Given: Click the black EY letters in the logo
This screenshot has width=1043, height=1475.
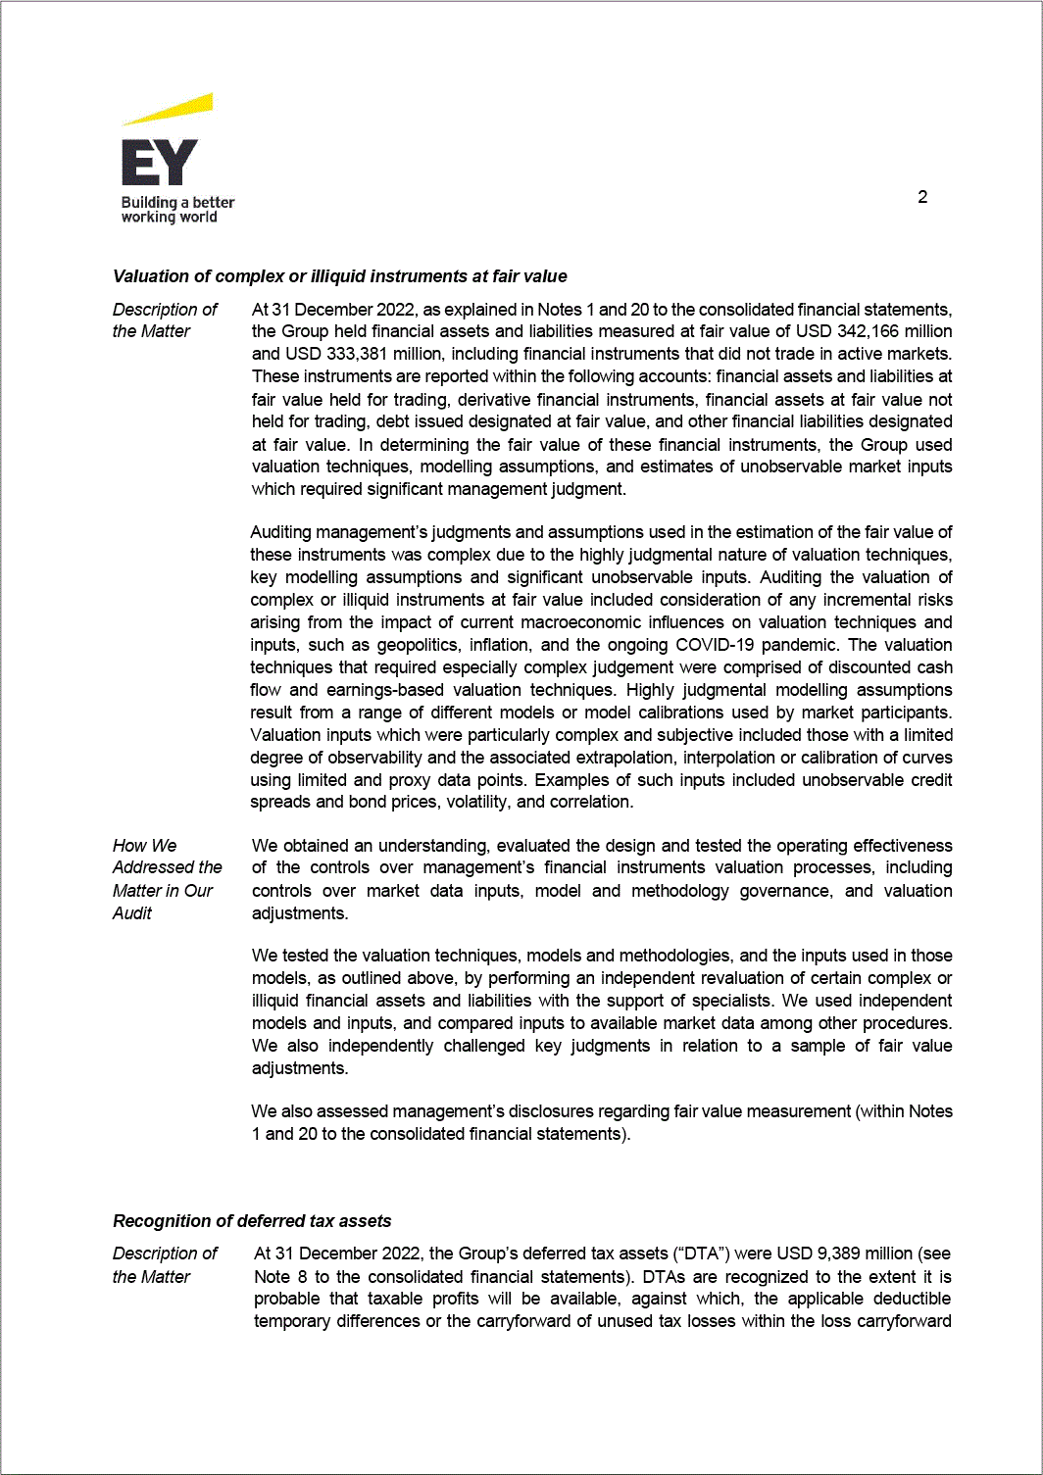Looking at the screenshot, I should click(x=159, y=163).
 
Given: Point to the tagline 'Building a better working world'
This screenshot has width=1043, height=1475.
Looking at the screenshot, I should click(x=177, y=210).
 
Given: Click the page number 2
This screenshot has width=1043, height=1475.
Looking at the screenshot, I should click(x=922, y=197).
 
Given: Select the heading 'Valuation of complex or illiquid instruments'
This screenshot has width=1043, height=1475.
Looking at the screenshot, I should click(x=339, y=276).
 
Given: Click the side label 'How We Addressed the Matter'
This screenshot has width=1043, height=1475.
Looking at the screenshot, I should click(x=167, y=879).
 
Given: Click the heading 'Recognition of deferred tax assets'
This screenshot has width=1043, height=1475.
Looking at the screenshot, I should click(x=252, y=1221).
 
